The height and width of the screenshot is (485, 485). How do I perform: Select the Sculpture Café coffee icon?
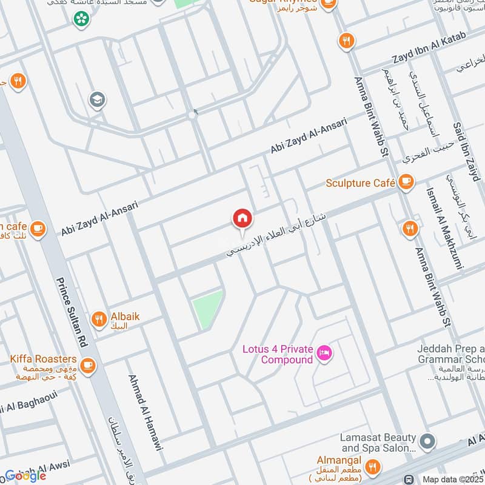406,182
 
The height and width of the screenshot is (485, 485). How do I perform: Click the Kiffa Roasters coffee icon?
88,365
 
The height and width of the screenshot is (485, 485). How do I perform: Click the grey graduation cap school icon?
96,99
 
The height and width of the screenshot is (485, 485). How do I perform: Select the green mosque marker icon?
79,19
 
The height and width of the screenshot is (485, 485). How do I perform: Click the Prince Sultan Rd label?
72,312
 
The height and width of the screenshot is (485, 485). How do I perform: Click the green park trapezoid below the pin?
207,309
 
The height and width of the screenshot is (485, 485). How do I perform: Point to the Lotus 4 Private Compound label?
278,355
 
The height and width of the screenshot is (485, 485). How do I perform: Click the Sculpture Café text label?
360,182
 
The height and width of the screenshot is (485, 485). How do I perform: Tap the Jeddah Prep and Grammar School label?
450,355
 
